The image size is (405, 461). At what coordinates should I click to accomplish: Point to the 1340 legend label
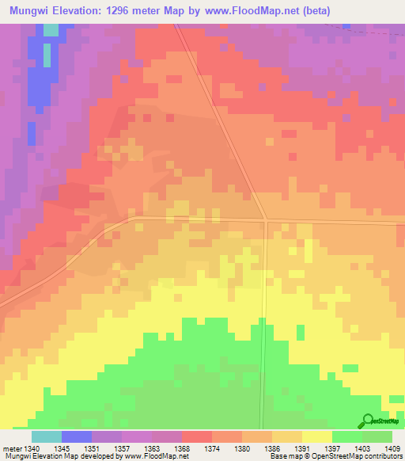[47, 448]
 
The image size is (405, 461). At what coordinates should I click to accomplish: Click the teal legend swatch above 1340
[47, 436]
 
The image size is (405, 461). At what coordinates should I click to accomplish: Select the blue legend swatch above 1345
[77, 436]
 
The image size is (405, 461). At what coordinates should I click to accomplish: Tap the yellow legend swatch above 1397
[317, 436]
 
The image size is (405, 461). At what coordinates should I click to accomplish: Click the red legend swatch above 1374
[197, 436]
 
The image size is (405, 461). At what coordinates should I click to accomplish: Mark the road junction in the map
[267, 220]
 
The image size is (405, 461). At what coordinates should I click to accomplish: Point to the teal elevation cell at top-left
[51, 30]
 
